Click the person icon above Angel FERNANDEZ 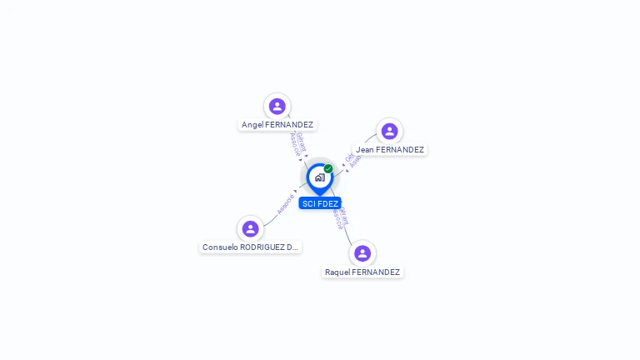tap(277, 106)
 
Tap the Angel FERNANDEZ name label tap(277, 125)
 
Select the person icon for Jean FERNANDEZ tap(389, 131)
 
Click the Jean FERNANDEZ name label tap(390, 150)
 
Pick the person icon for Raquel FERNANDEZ tap(362, 253)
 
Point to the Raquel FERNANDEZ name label tap(362, 272)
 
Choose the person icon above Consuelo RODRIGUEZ tap(250, 228)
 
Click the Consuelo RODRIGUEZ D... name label tap(250, 247)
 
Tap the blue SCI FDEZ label tap(320, 203)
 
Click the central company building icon tap(319, 177)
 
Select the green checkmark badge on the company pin tap(328, 169)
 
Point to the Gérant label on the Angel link tap(301, 142)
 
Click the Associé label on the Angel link tap(294, 145)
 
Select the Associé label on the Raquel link tap(337, 217)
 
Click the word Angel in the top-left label tap(252, 125)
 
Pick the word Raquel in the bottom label tap(337, 272)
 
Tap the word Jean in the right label tap(365, 150)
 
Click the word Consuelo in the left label tap(221, 247)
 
